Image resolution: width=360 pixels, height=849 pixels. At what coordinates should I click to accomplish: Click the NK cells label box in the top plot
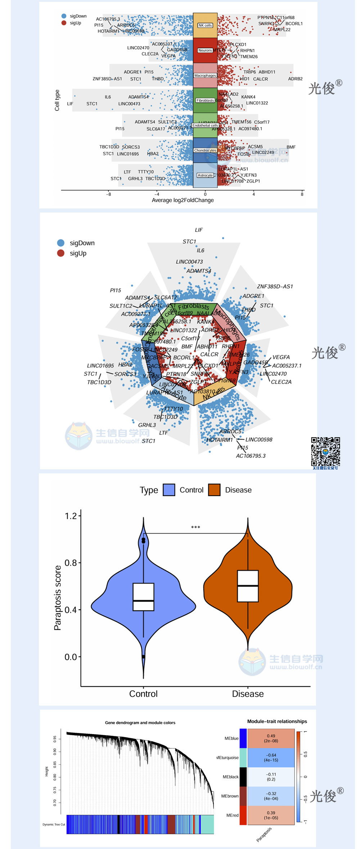click(205, 26)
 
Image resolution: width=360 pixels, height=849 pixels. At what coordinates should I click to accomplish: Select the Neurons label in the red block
click(205, 50)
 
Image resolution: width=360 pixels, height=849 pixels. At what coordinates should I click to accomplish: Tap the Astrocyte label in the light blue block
click(205, 175)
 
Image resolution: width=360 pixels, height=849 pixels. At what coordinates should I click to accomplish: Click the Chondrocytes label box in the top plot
click(205, 150)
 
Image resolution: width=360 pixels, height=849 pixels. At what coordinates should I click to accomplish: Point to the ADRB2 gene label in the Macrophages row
click(295, 79)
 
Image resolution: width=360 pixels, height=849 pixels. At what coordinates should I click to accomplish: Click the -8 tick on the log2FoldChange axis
click(108, 194)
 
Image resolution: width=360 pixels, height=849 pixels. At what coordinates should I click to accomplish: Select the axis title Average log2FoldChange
click(183, 200)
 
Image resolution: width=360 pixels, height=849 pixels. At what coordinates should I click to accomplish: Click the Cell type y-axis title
click(57, 100)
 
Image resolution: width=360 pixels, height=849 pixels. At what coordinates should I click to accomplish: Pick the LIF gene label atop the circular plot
click(199, 230)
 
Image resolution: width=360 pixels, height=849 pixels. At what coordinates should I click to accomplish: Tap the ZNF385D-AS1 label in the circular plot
click(275, 286)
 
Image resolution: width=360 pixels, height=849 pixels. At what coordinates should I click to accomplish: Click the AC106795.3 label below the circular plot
click(251, 456)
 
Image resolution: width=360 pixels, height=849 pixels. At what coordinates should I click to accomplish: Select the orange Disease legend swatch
click(214, 490)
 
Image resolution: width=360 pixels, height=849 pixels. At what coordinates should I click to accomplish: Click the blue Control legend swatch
click(169, 490)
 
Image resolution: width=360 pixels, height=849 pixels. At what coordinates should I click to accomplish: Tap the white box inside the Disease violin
click(248, 586)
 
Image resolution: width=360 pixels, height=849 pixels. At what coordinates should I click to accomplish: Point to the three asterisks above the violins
click(195, 528)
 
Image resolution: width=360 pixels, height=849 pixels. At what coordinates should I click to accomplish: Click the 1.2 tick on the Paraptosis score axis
click(71, 516)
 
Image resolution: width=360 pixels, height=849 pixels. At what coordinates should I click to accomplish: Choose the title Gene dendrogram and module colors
click(140, 723)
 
